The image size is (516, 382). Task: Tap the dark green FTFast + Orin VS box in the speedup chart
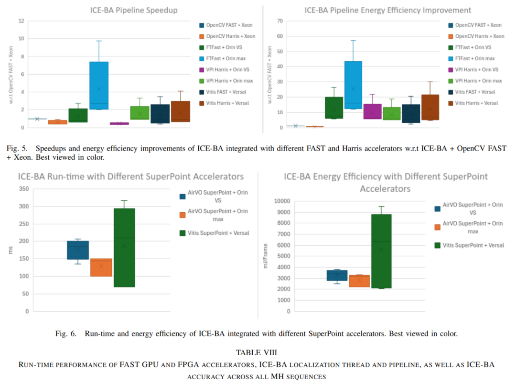point(78,115)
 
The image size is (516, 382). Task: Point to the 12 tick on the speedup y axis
point(21,21)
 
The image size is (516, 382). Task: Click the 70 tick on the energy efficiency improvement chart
point(280,21)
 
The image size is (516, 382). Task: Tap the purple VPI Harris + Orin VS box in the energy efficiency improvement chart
point(373,111)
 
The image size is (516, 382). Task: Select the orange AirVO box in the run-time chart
point(101,267)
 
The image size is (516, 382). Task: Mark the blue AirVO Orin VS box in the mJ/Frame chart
point(337,275)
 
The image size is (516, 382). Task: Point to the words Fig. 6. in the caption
point(66,334)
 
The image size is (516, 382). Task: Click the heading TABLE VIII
point(256,353)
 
